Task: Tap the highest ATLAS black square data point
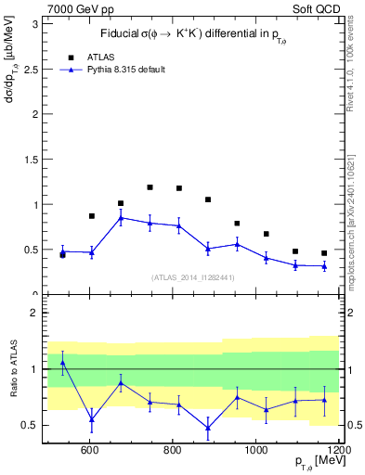pyautogui.click(x=150, y=187)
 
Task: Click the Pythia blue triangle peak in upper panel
pyautogui.click(x=121, y=218)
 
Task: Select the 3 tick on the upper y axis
pyautogui.click(x=35, y=24)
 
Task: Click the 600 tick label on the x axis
pyautogui.click(x=90, y=450)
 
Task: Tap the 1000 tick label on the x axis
pyautogui.click(x=256, y=450)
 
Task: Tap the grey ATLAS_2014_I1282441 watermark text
pyautogui.click(x=191, y=276)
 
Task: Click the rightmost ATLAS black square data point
pyautogui.click(x=324, y=253)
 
